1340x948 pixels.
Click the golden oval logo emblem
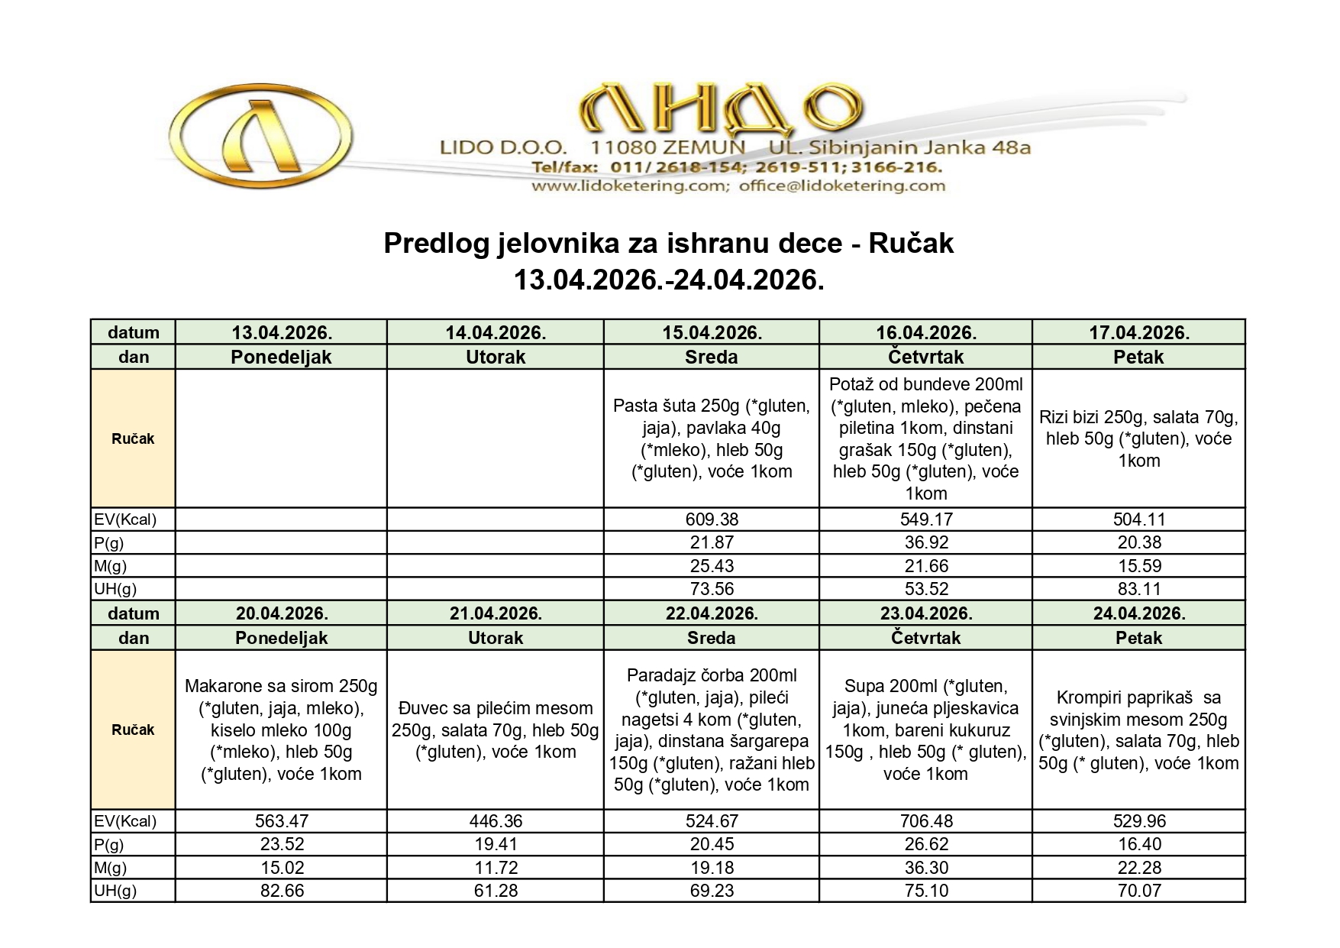click(261, 137)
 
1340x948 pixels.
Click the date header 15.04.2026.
click(712, 332)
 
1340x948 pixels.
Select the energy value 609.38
click(712, 519)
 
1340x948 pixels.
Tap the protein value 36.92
click(925, 542)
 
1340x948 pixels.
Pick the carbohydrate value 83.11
click(1138, 589)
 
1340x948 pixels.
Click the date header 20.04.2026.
click(282, 613)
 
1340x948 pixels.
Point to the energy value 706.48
click(925, 821)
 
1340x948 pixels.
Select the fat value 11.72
click(496, 868)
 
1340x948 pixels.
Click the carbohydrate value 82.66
click(282, 891)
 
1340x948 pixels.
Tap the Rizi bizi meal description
click(1138, 438)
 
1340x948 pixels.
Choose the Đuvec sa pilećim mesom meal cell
click(496, 730)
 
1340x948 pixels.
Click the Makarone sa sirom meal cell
click(282, 730)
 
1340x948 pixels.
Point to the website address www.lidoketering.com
click(629, 186)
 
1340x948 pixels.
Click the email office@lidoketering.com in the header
click(841, 186)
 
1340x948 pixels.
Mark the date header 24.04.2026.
click(1138, 613)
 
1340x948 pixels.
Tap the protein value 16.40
click(1138, 844)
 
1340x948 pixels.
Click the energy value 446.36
click(496, 821)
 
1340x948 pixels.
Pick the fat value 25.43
click(712, 566)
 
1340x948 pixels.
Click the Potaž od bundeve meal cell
click(925, 438)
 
